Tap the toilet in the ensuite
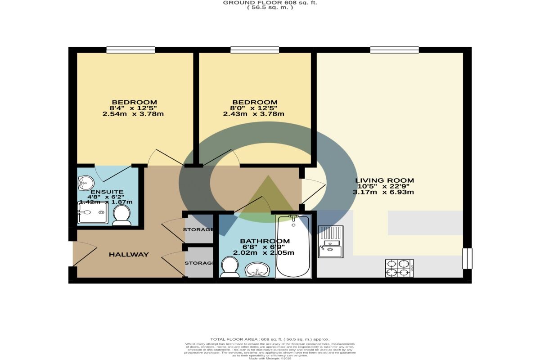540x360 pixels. [x=121, y=216]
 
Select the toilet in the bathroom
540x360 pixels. [x=230, y=266]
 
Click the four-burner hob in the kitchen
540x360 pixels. [x=400, y=268]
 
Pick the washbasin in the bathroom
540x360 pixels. [x=257, y=270]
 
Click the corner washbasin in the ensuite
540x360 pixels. [x=85, y=182]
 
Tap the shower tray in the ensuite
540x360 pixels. [x=93, y=213]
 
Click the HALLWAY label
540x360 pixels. [x=129, y=255]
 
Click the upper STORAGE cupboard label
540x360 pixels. [x=198, y=230]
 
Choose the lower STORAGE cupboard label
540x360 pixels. [x=198, y=263]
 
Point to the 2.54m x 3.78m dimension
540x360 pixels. [x=133, y=114]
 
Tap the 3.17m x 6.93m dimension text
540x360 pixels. [x=383, y=192]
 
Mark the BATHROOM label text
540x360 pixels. [x=265, y=241]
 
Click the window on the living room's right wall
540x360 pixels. [x=468, y=258]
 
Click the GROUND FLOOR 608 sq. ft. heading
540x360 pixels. [x=270, y=3]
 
